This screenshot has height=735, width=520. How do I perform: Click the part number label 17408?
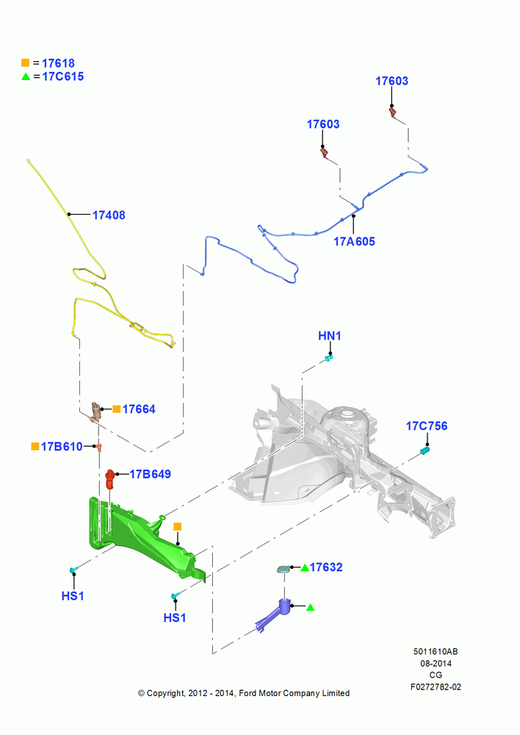tap(109, 215)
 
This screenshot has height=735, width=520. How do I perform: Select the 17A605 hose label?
tap(354, 241)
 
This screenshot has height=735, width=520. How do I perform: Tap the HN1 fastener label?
tap(329, 336)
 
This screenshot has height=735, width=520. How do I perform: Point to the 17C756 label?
tap(426, 426)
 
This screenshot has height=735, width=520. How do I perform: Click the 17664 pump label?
tap(139, 409)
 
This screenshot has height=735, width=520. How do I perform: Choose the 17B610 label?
tap(62, 446)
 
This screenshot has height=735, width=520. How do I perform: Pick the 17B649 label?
tap(150, 474)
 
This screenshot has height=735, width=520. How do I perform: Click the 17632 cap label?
tap(326, 567)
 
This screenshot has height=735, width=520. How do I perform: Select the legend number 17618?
tap(58, 63)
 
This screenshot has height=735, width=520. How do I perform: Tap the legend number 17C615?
tap(63, 76)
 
